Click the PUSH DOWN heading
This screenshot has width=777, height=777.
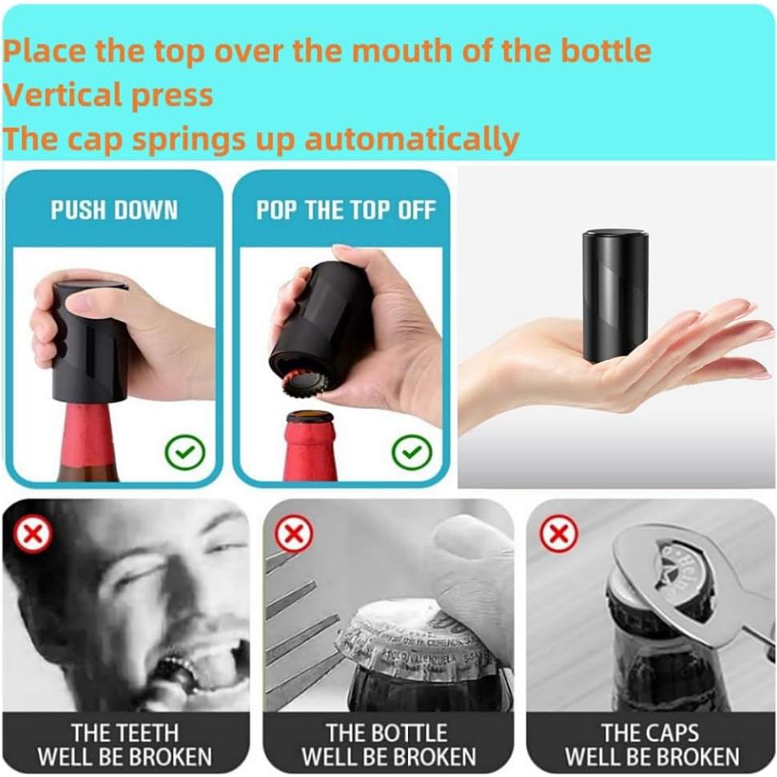coord(114,210)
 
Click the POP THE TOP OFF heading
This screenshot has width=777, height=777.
coord(346,210)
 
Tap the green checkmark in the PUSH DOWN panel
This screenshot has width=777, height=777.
coord(185,453)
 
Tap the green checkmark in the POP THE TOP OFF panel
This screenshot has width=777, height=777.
coord(411,453)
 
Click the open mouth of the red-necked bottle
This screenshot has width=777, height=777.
coord(310,417)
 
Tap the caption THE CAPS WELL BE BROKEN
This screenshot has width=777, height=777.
coord(651,744)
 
